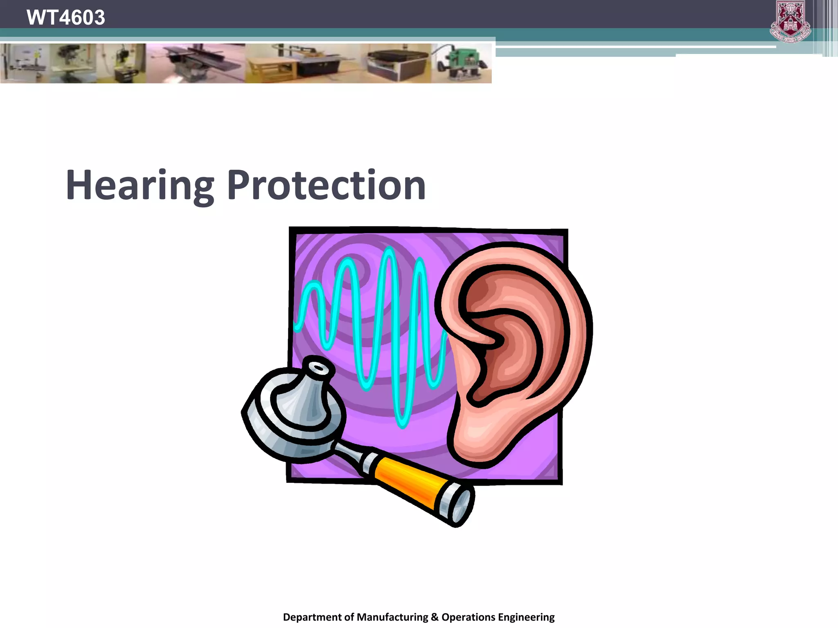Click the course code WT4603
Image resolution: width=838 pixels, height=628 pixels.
click(x=65, y=17)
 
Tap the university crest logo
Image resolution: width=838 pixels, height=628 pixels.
click(x=791, y=22)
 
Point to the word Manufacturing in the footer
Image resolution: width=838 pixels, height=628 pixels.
click(x=392, y=617)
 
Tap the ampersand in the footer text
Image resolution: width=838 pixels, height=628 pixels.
click(x=435, y=617)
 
